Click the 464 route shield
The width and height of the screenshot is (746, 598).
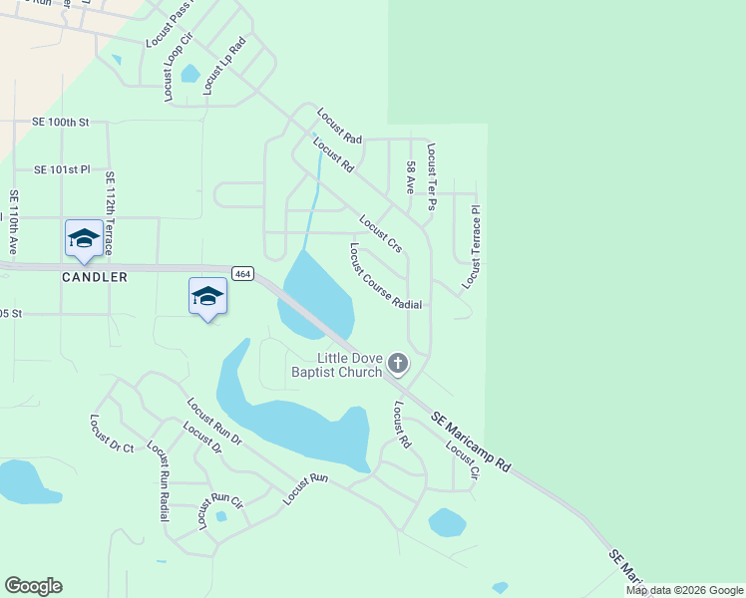[241, 273]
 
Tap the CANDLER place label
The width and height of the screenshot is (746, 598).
[96, 277]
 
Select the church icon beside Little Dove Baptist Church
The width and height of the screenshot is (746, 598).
[398, 363]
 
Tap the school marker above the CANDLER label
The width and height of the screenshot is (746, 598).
[84, 238]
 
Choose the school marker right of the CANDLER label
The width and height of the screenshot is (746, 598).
[207, 296]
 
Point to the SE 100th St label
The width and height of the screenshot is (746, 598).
[62, 122]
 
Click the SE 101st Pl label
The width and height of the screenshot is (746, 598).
[62, 170]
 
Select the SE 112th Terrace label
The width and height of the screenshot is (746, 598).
[109, 207]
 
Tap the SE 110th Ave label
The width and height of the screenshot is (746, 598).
[14, 220]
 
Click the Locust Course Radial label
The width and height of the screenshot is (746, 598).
[385, 276]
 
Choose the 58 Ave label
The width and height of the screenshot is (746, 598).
[410, 177]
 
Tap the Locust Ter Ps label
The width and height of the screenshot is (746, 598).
[432, 176]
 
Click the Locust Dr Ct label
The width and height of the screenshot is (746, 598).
[112, 435]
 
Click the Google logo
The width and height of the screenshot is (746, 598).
[33, 586]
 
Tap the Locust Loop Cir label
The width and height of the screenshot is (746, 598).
[170, 68]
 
